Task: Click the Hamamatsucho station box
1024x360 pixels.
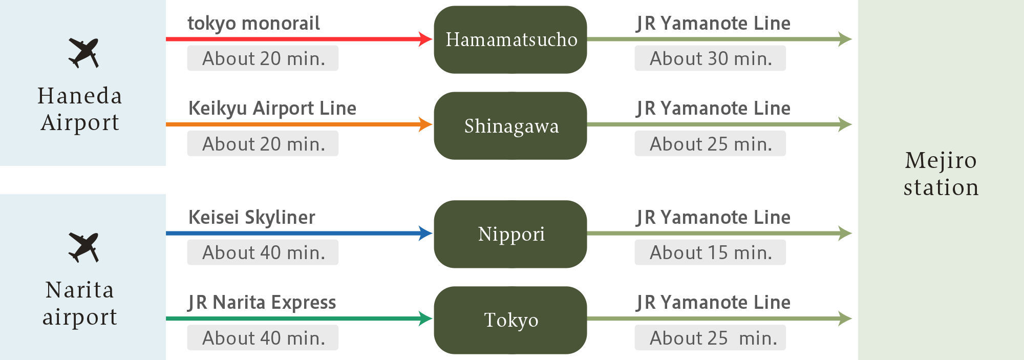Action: (x=510, y=39)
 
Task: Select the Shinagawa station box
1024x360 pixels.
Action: (x=510, y=125)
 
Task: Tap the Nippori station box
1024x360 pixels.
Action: (x=510, y=234)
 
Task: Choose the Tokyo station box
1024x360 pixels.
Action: (x=510, y=320)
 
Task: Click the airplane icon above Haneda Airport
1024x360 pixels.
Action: (x=83, y=53)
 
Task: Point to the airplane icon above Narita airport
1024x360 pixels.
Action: (x=83, y=247)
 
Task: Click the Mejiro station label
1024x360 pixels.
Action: (x=941, y=174)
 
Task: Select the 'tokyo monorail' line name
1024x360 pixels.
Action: (x=253, y=23)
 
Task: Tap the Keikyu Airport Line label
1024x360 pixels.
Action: (x=272, y=108)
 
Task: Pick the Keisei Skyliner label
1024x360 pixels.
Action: (x=252, y=217)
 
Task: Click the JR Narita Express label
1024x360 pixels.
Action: (x=262, y=302)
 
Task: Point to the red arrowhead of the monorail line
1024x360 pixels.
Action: (x=425, y=39)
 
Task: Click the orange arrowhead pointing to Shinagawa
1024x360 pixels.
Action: (x=425, y=124)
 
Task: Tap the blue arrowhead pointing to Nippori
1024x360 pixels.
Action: (x=425, y=234)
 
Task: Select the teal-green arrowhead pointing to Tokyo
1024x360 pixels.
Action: (x=425, y=319)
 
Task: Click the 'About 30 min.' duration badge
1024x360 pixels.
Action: (x=710, y=58)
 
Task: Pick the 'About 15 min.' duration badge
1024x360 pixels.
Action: (x=710, y=252)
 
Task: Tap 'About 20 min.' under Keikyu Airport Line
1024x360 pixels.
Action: (x=263, y=144)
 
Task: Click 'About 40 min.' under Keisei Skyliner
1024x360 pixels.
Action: (x=263, y=252)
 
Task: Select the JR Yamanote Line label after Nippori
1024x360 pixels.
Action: (x=713, y=217)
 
